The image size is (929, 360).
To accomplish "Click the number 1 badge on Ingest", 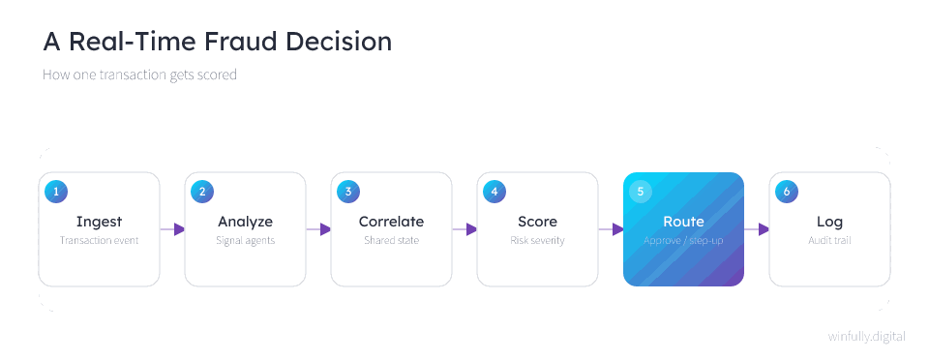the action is tap(56, 192).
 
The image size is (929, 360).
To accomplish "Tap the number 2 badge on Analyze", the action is tap(202, 192).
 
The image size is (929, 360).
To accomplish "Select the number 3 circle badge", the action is tap(348, 192).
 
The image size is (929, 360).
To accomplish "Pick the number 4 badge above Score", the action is tap(494, 192).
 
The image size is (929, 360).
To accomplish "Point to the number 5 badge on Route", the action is tap(641, 192).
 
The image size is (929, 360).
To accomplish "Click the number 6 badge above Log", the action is tap(787, 192).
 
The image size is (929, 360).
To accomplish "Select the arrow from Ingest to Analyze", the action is tap(172, 229).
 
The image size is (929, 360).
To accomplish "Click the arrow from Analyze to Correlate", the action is tap(318, 229).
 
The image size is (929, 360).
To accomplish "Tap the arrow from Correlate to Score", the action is tap(464, 229).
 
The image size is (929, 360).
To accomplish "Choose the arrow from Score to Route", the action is tap(611, 229).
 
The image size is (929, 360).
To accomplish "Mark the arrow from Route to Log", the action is tap(757, 229).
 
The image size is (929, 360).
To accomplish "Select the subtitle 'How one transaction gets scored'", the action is tap(139, 75).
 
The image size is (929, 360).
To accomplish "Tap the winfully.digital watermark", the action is tap(867, 337).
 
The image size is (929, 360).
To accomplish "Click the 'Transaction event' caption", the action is tap(99, 241).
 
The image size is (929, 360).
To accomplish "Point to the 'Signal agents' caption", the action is tap(245, 241).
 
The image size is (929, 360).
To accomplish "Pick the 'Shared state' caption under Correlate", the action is tap(392, 241).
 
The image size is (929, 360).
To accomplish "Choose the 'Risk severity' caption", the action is tap(537, 241).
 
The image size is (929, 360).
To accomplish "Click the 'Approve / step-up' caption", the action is tap(684, 241).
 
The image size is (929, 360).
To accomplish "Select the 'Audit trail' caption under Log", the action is tap(829, 241).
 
